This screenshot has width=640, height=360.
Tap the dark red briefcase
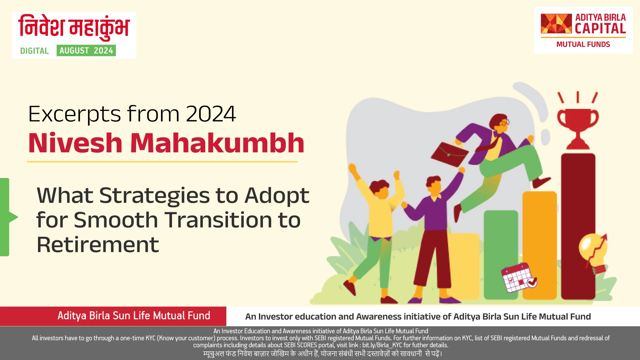pyautogui.click(x=449, y=155)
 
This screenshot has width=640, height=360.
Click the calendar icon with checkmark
pyautogui.click(x=518, y=278)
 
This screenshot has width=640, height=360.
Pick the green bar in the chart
pyautogui.click(x=501, y=253)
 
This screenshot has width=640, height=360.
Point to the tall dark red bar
pyautogui.click(x=578, y=227)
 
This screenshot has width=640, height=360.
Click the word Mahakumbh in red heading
pyautogui.click(x=217, y=143)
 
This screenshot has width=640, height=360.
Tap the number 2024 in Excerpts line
pyautogui.click(x=211, y=114)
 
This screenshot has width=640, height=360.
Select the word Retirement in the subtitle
pyautogui.click(x=98, y=245)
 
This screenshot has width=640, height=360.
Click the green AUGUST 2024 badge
pyautogui.click(x=86, y=51)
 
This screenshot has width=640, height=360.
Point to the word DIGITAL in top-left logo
pyautogui.click(x=34, y=51)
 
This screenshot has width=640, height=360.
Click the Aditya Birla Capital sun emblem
pyautogui.click(x=556, y=24)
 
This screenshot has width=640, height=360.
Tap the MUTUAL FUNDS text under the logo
pyautogui.click(x=583, y=45)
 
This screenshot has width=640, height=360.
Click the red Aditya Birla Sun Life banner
pyautogui.click(x=113, y=316)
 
